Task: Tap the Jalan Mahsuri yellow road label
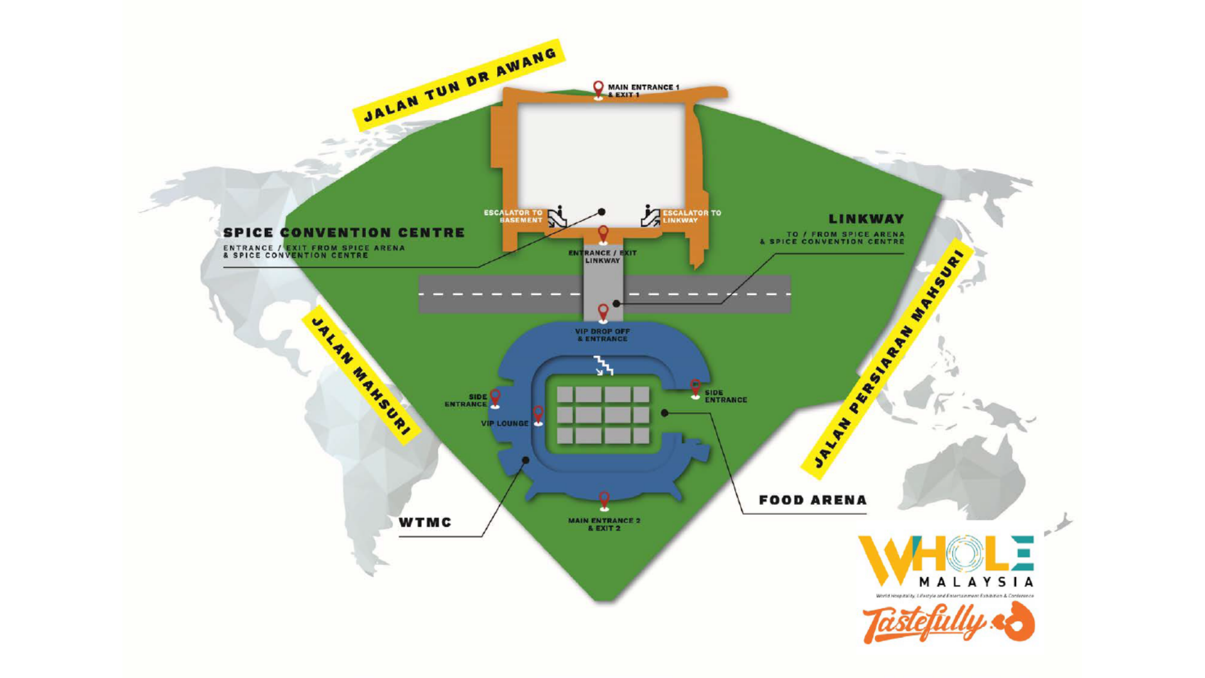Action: [361, 375]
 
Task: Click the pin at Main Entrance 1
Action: [598, 89]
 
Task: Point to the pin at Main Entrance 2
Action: [604, 500]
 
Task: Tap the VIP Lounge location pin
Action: [538, 415]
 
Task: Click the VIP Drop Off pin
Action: [603, 312]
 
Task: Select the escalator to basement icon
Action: [557, 217]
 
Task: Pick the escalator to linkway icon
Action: [650, 216]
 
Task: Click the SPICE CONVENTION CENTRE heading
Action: [344, 233]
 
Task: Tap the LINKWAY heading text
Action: [866, 219]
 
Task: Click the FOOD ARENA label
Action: [813, 500]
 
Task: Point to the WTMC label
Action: [425, 522]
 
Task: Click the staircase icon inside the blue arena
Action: [604, 365]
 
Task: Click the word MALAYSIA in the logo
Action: [976, 583]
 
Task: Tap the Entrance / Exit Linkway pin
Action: [603, 234]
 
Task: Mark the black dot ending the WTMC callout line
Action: [526, 460]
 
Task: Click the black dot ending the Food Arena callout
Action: [665, 413]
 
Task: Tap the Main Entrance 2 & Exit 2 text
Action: [604, 524]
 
